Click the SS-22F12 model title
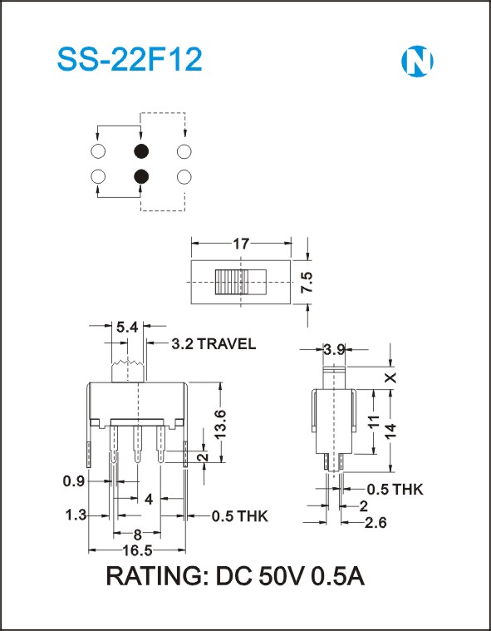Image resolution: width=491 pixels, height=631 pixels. [130, 60]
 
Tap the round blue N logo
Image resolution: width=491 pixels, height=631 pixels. [417, 62]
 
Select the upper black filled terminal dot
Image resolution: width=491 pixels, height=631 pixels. [141, 151]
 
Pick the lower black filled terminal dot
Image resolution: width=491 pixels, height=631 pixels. [141, 176]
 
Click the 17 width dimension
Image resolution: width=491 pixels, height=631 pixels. [241, 244]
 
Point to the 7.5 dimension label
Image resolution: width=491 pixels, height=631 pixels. [306, 282]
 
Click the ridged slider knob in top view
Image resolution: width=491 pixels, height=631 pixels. [232, 282]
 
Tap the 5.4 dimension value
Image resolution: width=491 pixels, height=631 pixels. [127, 328]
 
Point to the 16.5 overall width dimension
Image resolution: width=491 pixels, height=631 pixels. [138, 550]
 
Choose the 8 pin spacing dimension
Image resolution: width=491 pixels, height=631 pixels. [138, 535]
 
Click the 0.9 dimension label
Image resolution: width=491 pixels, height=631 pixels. [75, 481]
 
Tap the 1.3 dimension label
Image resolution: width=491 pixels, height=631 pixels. [76, 515]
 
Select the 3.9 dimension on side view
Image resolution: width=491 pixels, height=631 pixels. [335, 350]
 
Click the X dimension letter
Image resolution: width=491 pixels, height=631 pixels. [390, 377]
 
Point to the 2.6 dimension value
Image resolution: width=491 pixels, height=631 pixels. [376, 523]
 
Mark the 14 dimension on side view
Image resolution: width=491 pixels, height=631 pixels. [391, 431]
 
